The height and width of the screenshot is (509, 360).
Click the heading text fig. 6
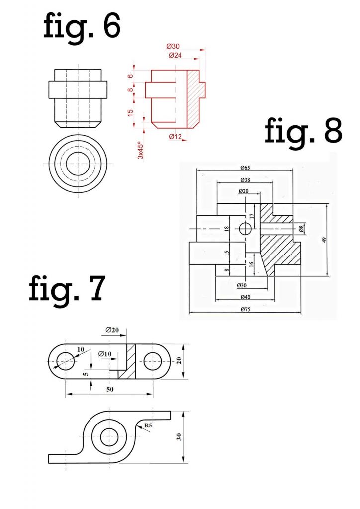[x=82, y=26]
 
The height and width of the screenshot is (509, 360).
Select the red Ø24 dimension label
[x=175, y=55]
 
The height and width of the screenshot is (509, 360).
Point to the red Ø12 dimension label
[x=175, y=136]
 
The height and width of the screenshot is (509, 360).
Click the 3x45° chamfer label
[x=140, y=148]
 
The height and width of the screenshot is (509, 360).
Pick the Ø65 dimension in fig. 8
[x=245, y=168]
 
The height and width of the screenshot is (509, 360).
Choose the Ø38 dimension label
[x=245, y=179]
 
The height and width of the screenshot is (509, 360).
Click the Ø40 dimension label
[x=245, y=297]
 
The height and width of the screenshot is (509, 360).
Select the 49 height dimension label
[x=324, y=240]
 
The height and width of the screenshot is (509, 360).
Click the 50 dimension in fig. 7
[x=109, y=390]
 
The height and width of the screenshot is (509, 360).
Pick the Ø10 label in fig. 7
[x=105, y=354]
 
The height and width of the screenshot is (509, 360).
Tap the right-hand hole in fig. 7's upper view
[x=153, y=362]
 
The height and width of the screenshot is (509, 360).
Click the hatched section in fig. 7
[x=131, y=362]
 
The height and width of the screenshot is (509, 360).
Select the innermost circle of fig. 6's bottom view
[x=77, y=164]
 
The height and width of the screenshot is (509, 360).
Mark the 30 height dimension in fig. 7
[x=179, y=436]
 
